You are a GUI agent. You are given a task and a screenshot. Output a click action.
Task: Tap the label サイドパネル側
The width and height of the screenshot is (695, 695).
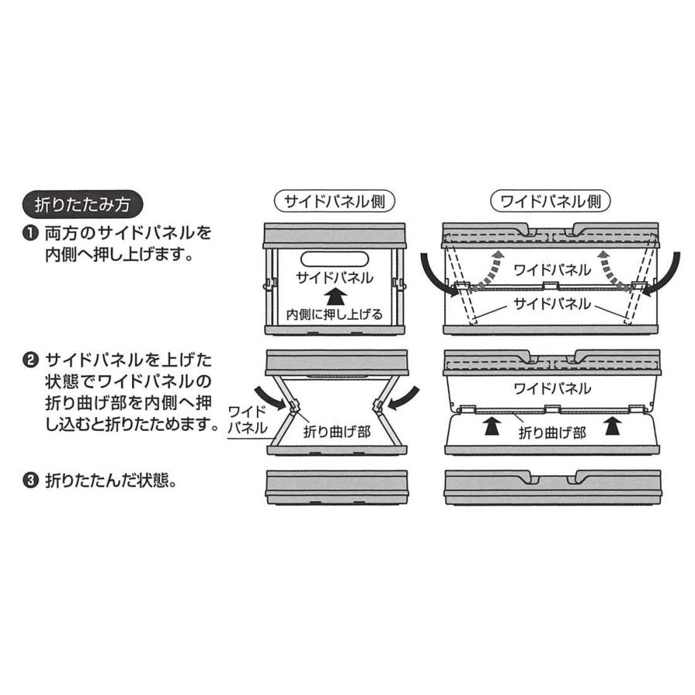tap(335, 202)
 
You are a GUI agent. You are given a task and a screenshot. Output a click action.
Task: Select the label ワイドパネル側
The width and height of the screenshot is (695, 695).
tap(551, 202)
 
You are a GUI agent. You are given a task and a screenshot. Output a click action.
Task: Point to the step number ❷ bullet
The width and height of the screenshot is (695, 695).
tap(32, 360)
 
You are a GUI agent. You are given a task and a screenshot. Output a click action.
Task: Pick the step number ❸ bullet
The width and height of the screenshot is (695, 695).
tap(32, 480)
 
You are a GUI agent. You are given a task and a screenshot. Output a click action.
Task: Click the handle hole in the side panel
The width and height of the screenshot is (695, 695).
tap(335, 259)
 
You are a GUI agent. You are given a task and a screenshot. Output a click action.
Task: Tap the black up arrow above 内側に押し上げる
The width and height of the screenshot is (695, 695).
tap(335, 297)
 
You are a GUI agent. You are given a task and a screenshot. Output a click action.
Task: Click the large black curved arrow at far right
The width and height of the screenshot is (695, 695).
tap(666, 274)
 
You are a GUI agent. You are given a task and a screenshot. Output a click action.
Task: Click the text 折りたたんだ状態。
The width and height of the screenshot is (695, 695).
tap(112, 480)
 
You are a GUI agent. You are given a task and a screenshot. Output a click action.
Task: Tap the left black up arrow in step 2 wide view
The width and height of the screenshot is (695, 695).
tap(490, 426)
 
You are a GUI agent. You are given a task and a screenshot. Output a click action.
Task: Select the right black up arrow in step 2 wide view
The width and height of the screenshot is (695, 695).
tap(612, 426)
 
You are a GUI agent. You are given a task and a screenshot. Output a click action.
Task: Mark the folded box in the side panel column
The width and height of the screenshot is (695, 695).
tap(336, 486)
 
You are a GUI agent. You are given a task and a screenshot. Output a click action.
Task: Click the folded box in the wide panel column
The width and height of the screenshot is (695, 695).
tap(552, 486)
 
